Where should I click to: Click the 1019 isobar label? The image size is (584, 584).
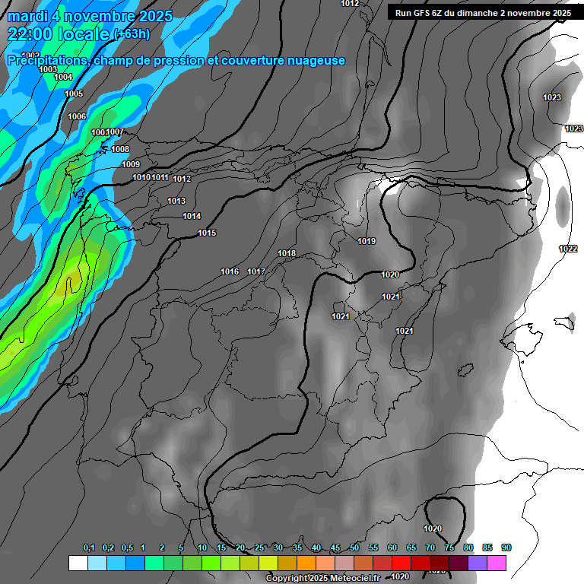click(367, 241)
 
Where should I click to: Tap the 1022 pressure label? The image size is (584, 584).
click(567, 249)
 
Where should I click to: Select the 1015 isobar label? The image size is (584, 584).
click(207, 233)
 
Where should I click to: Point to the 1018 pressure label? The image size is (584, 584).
click(287, 253)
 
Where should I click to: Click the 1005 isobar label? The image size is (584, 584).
click(74, 94)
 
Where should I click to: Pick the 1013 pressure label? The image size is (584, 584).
click(176, 201)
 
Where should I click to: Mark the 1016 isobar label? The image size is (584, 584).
click(230, 271)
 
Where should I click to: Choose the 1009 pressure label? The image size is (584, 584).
click(131, 164)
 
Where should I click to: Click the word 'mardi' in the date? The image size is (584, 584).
click(30, 16)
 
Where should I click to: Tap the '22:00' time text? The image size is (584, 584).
click(31, 33)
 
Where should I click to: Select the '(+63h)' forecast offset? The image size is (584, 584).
click(132, 34)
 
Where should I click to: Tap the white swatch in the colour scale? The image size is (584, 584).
click(78, 563)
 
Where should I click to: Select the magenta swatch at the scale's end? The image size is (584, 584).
click(497, 563)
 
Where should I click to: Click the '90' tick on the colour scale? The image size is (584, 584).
click(506, 547)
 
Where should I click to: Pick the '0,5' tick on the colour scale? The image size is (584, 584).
click(127, 547)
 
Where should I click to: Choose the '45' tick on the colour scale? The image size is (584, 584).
click(335, 547)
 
